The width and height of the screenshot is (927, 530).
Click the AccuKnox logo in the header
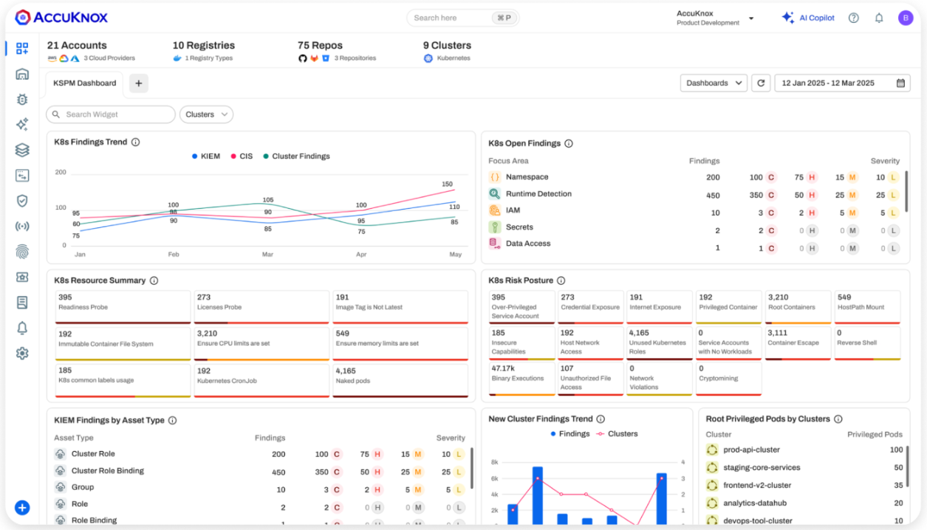pyautogui.click(x=61, y=18)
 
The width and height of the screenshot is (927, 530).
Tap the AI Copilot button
pyautogui.click(x=808, y=18)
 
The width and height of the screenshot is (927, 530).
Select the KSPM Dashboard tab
pyautogui.click(x=84, y=83)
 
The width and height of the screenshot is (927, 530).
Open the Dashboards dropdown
pyautogui.click(x=714, y=83)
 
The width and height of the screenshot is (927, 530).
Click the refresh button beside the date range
pyautogui.click(x=761, y=83)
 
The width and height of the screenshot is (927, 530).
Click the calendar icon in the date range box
pyautogui.click(x=900, y=83)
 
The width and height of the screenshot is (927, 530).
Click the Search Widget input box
pyautogui.click(x=111, y=114)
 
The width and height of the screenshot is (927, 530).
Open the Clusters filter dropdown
pyautogui.click(x=206, y=114)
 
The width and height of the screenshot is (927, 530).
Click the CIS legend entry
pyautogui.click(x=242, y=156)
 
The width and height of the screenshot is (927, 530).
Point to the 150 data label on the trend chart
pyautogui.click(x=447, y=184)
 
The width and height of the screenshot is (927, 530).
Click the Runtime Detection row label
pyautogui.click(x=538, y=194)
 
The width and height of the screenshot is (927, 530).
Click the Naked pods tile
pyautogui.click(x=400, y=380)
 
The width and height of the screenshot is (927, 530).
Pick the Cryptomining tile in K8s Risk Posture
pyautogui.click(x=728, y=378)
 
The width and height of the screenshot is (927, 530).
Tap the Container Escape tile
pyautogui.click(x=798, y=343)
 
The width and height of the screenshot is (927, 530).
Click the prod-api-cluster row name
pyautogui.click(x=751, y=450)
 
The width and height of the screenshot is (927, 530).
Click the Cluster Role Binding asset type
pyautogui.click(x=108, y=471)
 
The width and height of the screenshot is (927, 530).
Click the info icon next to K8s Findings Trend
pyautogui.click(x=135, y=142)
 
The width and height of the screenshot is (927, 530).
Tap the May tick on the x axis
pyautogui.click(x=455, y=254)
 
